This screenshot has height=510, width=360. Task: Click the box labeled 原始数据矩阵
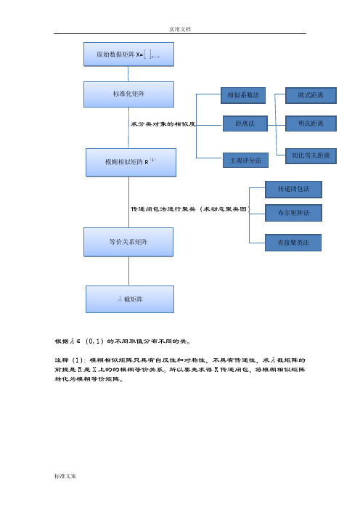point(128,54)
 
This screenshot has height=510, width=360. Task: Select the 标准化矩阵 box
point(128,94)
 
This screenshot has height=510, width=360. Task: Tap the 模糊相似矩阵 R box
point(131,163)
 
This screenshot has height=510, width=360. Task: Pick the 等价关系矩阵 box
point(128,242)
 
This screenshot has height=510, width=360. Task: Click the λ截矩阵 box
point(130,299)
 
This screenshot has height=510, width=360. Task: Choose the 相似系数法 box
point(243,95)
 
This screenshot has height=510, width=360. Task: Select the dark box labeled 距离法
point(245,124)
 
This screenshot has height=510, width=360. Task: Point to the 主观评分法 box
point(245,161)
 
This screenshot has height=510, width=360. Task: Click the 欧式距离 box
point(311,95)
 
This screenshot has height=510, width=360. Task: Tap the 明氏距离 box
point(311,124)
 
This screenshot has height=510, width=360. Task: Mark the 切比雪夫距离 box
point(311,156)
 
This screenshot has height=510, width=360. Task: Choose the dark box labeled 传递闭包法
point(293,190)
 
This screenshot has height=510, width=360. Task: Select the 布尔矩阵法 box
point(293,213)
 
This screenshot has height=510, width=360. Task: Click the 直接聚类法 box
point(293,243)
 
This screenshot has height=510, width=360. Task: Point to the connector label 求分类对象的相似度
point(163,124)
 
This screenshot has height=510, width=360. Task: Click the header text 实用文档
point(180,29)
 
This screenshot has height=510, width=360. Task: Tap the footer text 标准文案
point(65,476)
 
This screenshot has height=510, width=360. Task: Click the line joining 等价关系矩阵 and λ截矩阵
point(128,271)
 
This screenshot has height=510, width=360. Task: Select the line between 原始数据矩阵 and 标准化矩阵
point(128,74)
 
